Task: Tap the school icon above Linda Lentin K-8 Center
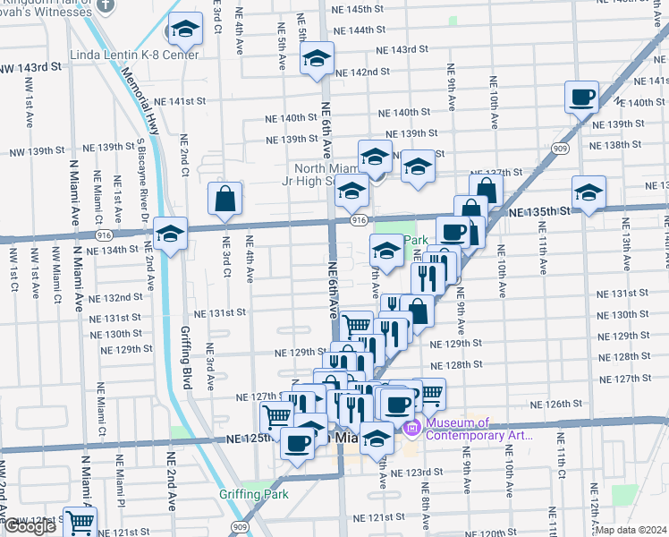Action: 185,31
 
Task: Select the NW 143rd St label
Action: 30,67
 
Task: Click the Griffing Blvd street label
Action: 185,355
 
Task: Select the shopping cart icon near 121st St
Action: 80,522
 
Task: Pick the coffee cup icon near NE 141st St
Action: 581,97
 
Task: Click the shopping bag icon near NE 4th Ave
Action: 224,198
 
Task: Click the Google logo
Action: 29,526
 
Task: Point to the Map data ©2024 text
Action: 632,530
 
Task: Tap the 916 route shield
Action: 358,220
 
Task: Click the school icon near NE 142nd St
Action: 317,59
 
